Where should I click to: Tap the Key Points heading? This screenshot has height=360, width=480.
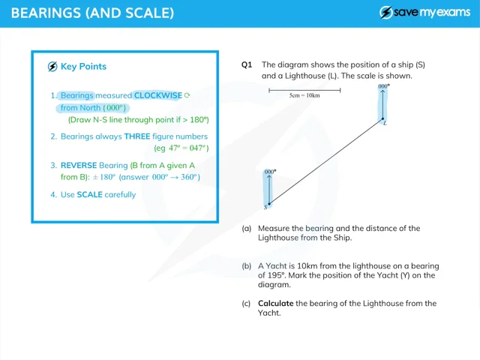coord(83,66)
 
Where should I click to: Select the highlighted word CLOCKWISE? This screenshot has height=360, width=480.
coord(157,96)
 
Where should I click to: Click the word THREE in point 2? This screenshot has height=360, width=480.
coord(137,136)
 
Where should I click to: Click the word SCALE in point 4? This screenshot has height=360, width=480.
coord(90,195)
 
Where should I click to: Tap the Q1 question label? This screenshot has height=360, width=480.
coord(247,64)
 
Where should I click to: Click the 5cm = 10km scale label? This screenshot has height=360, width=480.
coord(304,96)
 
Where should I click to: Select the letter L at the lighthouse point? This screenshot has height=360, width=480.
coord(385,123)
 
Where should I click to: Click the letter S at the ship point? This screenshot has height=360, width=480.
coord(265,207)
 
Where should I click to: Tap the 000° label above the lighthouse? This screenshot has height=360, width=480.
coord(384,87)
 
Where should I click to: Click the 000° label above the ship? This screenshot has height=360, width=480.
coord(270,172)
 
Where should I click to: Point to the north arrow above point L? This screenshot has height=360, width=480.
coord(382,105)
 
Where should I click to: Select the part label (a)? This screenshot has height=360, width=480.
coord(247,228)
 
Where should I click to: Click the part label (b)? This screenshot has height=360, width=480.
coord(247,266)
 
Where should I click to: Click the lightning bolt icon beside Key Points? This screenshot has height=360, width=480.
coord(52,66)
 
